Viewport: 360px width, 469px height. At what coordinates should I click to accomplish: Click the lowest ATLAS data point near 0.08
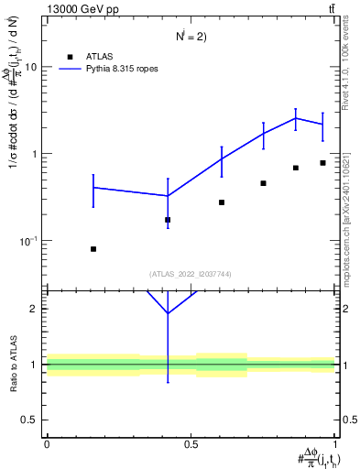[x=93, y=249]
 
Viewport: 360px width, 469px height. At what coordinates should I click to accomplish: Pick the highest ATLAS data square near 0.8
[x=322, y=163]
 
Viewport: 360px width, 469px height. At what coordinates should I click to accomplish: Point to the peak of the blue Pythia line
[x=296, y=118]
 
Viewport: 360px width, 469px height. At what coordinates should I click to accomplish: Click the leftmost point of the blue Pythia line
[x=93, y=188]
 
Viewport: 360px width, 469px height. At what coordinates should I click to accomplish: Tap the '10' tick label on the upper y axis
[x=31, y=68]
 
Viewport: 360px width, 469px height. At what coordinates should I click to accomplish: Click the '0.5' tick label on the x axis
[x=191, y=444]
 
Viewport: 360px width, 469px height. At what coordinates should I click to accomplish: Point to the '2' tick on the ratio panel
[x=35, y=309]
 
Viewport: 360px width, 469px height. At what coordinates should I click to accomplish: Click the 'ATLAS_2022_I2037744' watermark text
[x=191, y=273]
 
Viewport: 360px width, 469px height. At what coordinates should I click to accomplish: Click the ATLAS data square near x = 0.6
[x=222, y=202]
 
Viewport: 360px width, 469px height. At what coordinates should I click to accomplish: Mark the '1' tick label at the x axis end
[x=336, y=444]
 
